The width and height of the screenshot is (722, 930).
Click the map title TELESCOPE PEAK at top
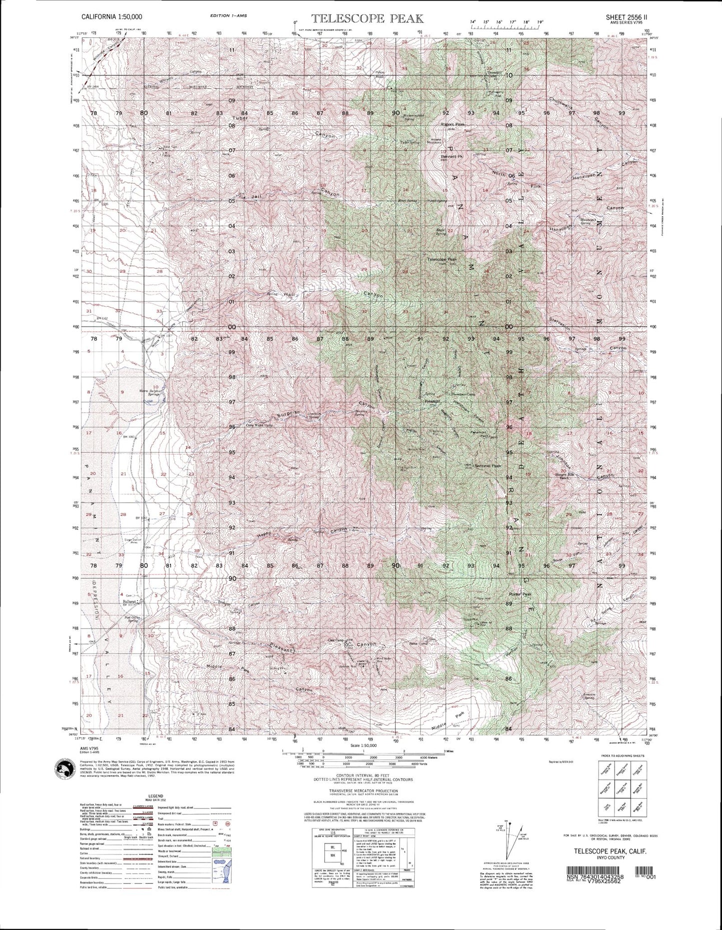point(368,19)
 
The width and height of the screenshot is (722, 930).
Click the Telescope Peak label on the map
point(442,259)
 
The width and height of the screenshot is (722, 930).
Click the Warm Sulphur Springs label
point(149,391)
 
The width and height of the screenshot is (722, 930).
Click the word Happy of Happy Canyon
point(265,534)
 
